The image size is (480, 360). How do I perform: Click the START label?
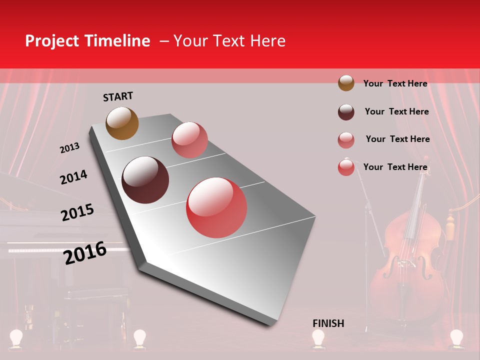point(118,96)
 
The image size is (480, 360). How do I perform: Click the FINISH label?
point(328,323)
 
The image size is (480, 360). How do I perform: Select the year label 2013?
point(69,148)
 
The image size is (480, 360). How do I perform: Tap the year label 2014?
point(73,177)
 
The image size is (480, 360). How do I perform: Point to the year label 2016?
point(85,253)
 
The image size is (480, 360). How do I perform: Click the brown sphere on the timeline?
point(122,123)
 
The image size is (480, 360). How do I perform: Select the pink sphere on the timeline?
point(189,140)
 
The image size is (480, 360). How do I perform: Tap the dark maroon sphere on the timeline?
point(145,180)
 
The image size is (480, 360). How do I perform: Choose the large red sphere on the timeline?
point(216,207)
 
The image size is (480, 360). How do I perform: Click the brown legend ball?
point(346,83)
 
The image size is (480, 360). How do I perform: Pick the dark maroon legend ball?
point(346,111)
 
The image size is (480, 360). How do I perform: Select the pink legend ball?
point(346,139)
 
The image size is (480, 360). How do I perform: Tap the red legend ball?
point(346,167)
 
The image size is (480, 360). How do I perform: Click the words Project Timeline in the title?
point(87,41)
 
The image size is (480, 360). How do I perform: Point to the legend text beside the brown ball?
point(395,83)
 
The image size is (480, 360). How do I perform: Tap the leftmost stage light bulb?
point(17,338)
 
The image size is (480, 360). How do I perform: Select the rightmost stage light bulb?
point(456,338)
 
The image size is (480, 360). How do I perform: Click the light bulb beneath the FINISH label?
point(318,338)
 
